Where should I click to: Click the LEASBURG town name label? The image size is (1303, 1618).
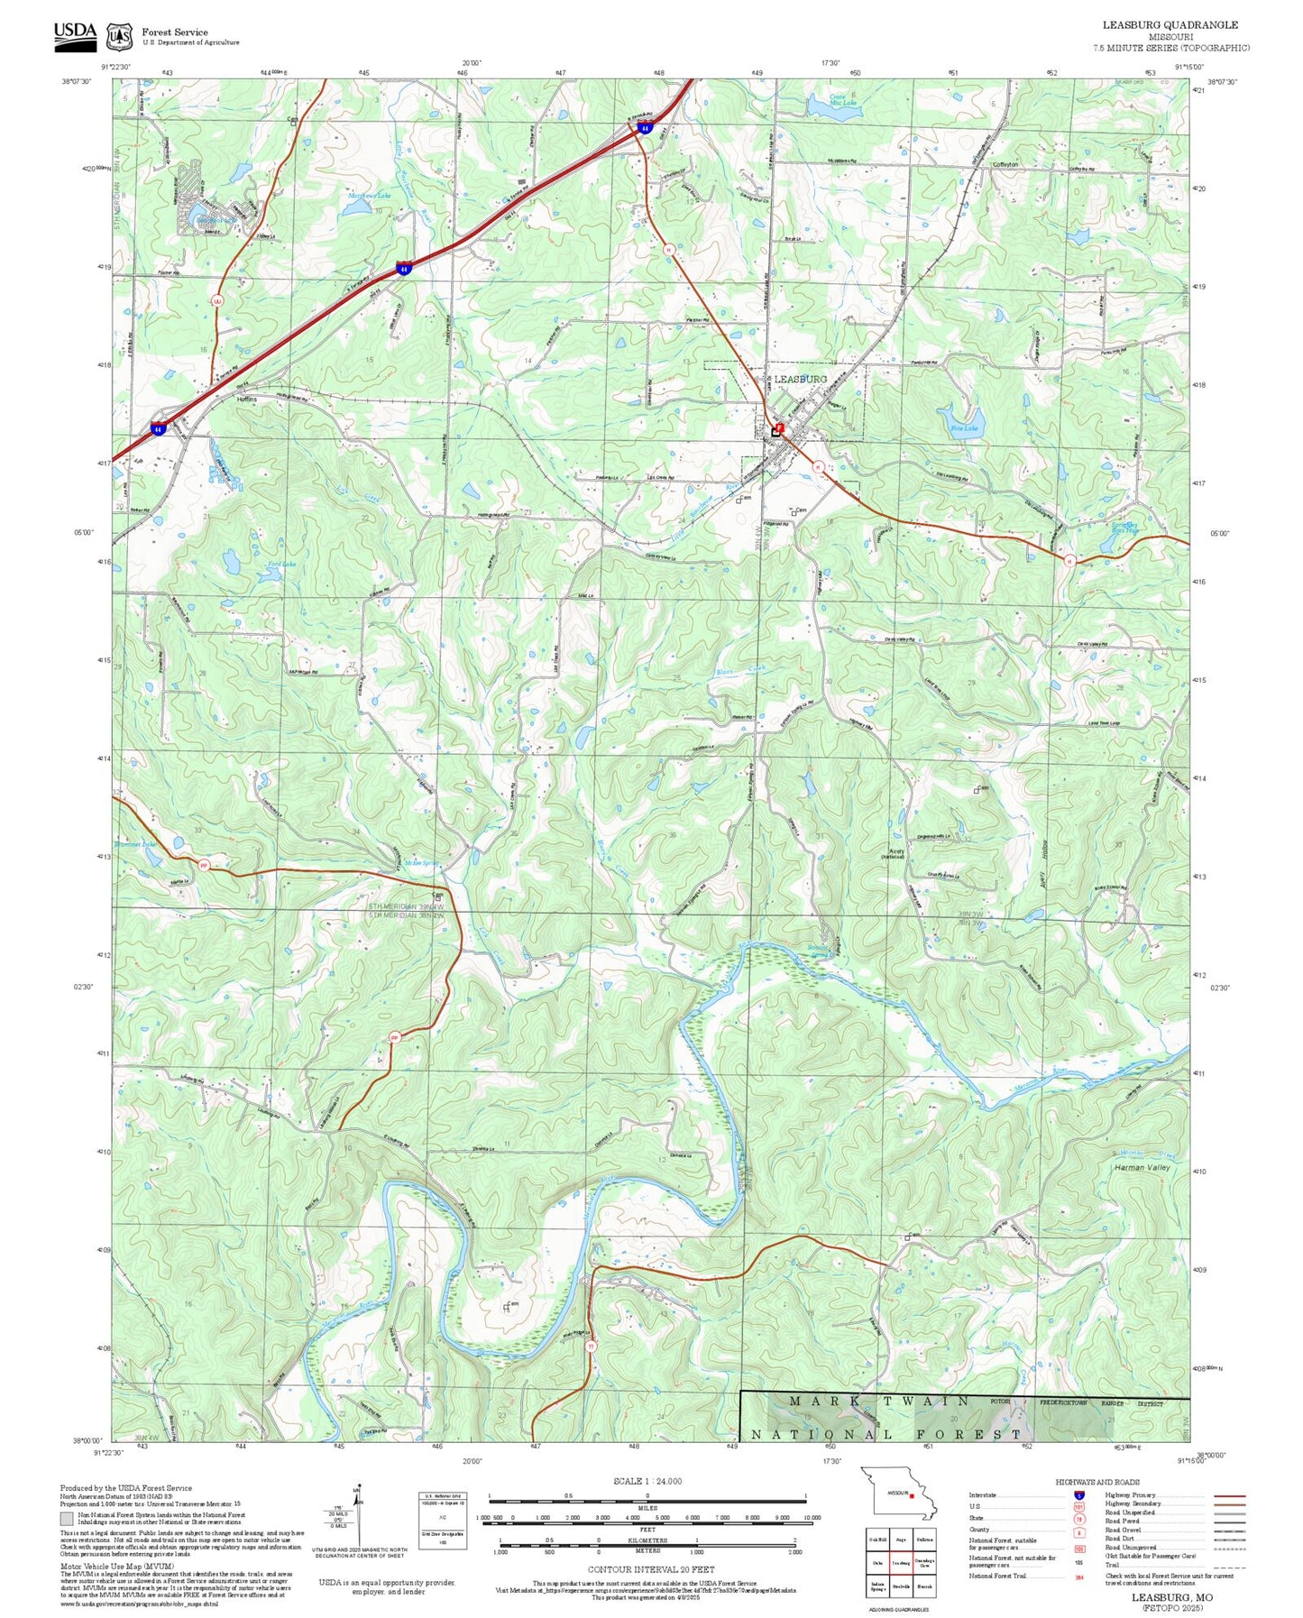pyautogui.click(x=800, y=380)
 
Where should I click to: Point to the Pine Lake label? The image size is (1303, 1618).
pyautogui.click(x=964, y=428)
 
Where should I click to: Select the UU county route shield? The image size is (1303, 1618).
pyautogui.click(x=216, y=300)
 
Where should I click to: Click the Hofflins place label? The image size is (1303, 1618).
pyautogui.click(x=247, y=399)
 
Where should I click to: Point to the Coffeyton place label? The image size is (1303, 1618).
pyautogui.click(x=1005, y=165)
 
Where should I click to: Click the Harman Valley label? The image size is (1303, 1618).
pyautogui.click(x=1142, y=1167)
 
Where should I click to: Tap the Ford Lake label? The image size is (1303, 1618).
pyautogui.click(x=281, y=565)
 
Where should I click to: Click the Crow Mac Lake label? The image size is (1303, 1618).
pyautogui.click(x=843, y=99)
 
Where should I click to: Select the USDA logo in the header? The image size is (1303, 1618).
pyautogui.click(x=74, y=33)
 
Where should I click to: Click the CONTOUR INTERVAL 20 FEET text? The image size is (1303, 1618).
pyautogui.click(x=650, y=1569)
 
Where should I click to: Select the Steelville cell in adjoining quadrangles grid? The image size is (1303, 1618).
pyautogui.click(x=900, y=1586)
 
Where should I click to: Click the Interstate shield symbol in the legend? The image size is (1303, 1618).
pyautogui.click(x=1078, y=1495)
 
